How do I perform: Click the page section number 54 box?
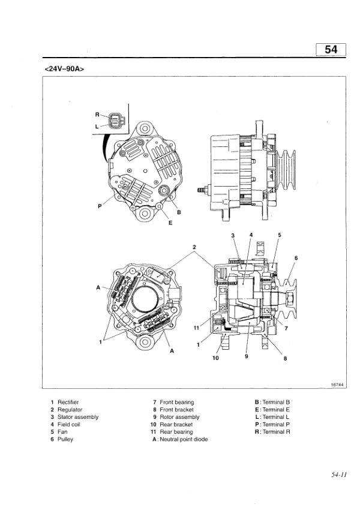(331, 50)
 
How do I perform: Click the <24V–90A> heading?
(64, 68)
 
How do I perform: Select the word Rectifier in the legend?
(68, 402)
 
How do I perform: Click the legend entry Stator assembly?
(77, 417)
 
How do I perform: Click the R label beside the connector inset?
(97, 115)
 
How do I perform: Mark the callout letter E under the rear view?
(154, 221)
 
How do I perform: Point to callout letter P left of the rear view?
(100, 206)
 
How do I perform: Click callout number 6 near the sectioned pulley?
(295, 258)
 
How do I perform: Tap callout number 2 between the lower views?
(194, 247)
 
